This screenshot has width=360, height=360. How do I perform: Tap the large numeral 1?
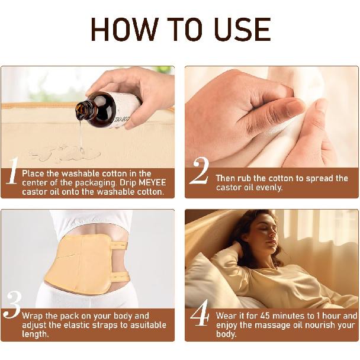click(12, 171)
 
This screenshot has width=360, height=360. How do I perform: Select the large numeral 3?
click(12, 305)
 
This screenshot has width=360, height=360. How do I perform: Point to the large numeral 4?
click(200, 313)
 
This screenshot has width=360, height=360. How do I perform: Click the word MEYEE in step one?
click(152, 182)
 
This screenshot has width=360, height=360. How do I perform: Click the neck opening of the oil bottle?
click(81, 111)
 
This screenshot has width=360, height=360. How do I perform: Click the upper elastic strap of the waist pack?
click(118, 246)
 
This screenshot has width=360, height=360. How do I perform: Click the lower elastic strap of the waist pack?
click(120, 277)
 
